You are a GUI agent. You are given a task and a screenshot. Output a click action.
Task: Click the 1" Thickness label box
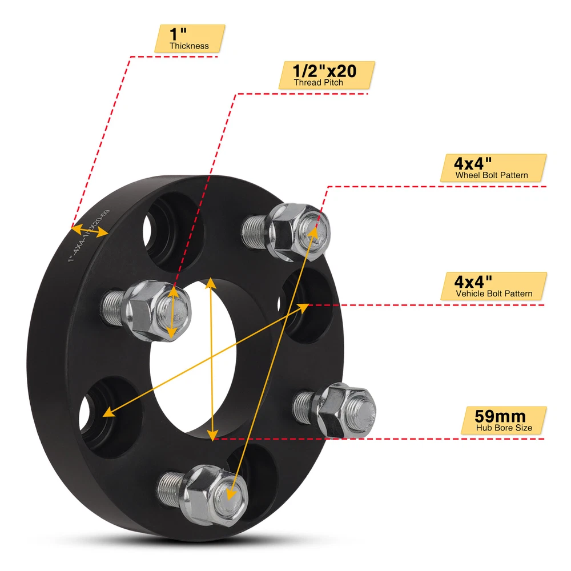click(x=190, y=38)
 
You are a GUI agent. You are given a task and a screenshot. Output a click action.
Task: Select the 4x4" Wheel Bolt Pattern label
click(x=493, y=168)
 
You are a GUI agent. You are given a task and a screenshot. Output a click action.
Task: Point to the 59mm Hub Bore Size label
click(x=503, y=420)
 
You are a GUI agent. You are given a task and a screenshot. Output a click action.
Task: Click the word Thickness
click(x=190, y=46)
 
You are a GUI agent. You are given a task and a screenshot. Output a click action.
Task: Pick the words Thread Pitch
click(x=319, y=83)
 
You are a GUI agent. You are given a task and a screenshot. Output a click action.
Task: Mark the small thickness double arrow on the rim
click(x=90, y=231)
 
